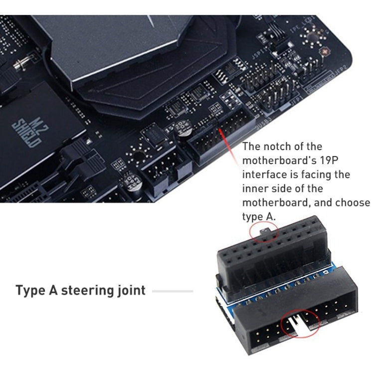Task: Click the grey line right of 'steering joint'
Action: [x=173, y=291]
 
